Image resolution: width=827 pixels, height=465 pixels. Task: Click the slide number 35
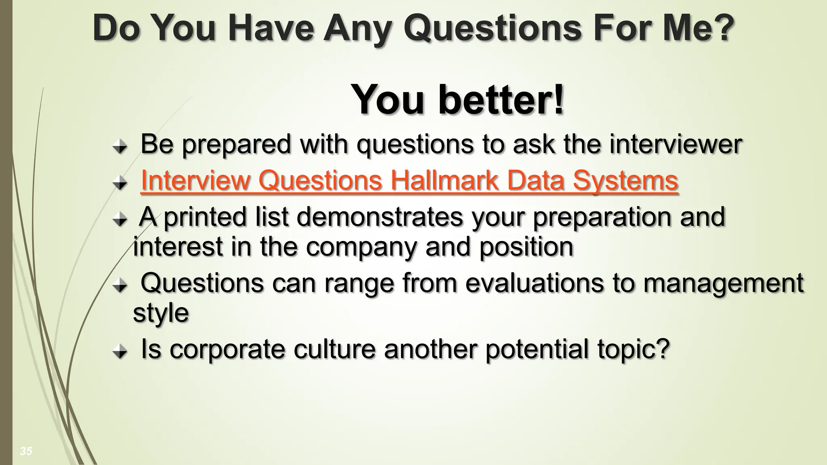tap(26, 451)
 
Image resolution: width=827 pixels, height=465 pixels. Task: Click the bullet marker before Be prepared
tap(120, 147)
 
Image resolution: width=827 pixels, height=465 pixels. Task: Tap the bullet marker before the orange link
tap(120, 184)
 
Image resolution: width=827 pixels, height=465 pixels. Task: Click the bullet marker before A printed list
tap(120, 220)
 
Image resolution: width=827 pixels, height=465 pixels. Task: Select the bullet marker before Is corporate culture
tap(120, 352)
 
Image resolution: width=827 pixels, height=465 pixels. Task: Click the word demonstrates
tap(380, 217)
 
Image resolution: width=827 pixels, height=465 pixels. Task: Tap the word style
tap(161, 313)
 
